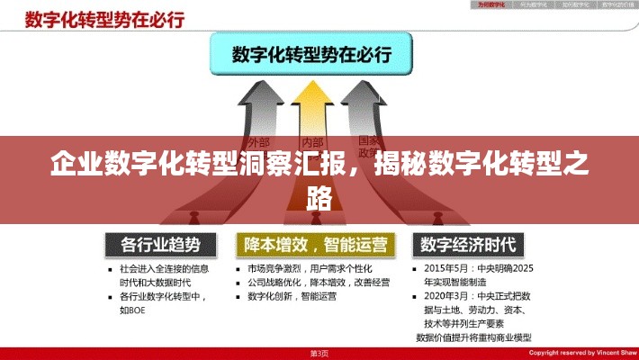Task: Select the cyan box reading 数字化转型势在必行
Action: (x=311, y=54)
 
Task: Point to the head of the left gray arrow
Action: (x=256, y=103)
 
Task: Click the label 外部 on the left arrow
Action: (x=258, y=141)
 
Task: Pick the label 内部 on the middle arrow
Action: (x=312, y=141)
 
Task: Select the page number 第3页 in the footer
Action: (x=320, y=353)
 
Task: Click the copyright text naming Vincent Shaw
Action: (x=581, y=353)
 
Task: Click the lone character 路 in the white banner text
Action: (x=319, y=196)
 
